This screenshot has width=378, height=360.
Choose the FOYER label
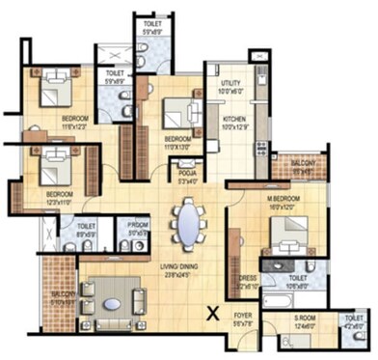click(x=241, y=314)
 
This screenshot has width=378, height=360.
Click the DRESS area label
click(x=247, y=279)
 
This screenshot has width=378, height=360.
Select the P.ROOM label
click(x=138, y=223)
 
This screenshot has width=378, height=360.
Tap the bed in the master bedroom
click(x=286, y=231)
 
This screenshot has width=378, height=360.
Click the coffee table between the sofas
click(x=113, y=299)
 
